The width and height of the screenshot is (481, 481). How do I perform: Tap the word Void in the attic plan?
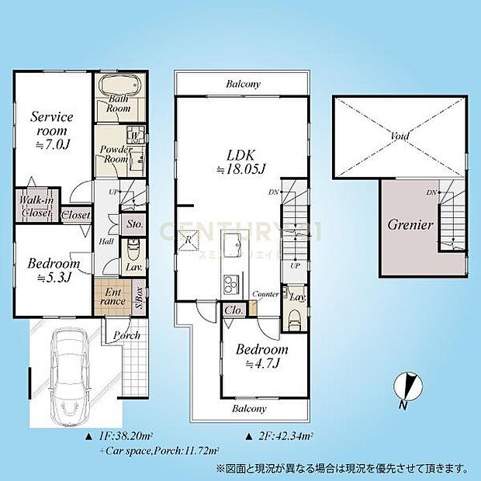(x=400, y=136)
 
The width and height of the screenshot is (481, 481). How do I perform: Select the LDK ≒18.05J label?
(x=240, y=161)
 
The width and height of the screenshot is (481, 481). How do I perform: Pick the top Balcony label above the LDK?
(x=244, y=84)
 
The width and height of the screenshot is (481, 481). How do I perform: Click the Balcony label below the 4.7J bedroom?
(x=249, y=408)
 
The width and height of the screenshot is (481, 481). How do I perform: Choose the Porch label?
(x=126, y=335)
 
